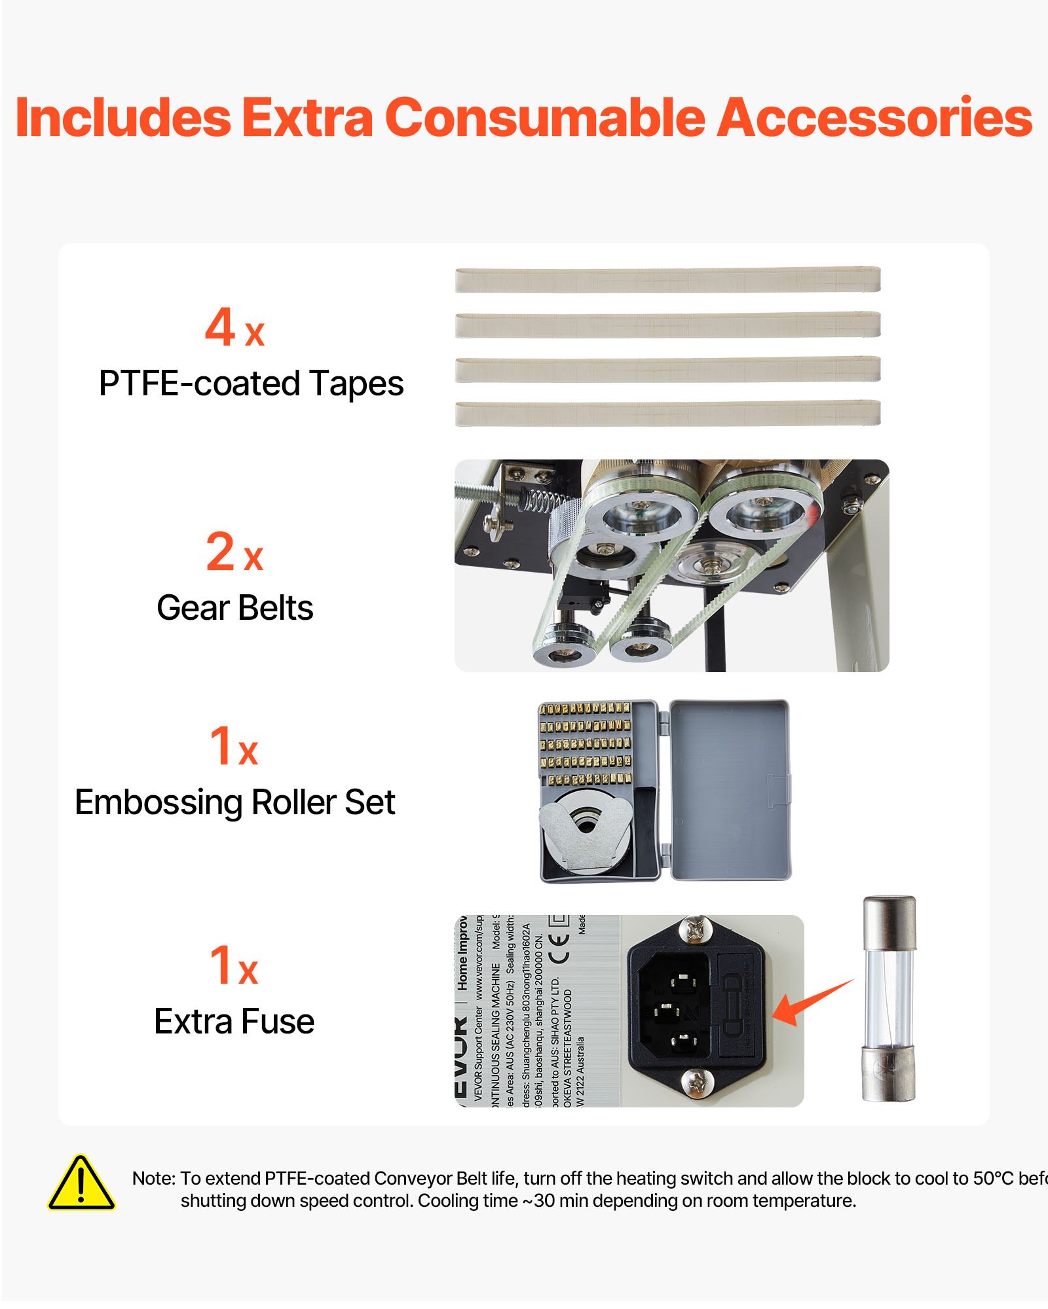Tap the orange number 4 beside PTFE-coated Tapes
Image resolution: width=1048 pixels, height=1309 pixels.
[x=220, y=327]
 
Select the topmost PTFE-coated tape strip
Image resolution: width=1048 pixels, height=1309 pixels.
[x=667, y=280]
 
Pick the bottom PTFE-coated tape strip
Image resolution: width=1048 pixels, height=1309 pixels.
[x=667, y=414]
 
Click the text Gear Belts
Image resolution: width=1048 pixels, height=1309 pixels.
[x=234, y=608]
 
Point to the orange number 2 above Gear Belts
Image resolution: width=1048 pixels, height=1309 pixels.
[x=220, y=552]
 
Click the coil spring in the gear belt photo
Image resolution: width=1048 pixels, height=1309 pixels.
[x=543, y=501]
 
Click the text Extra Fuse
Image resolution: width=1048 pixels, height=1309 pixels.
[x=234, y=1022]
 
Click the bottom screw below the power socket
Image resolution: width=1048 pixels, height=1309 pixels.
[x=697, y=1082]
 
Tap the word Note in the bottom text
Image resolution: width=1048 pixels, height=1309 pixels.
[x=153, y=1179]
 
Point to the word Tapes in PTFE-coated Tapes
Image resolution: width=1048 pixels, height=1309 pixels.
[x=356, y=384]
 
